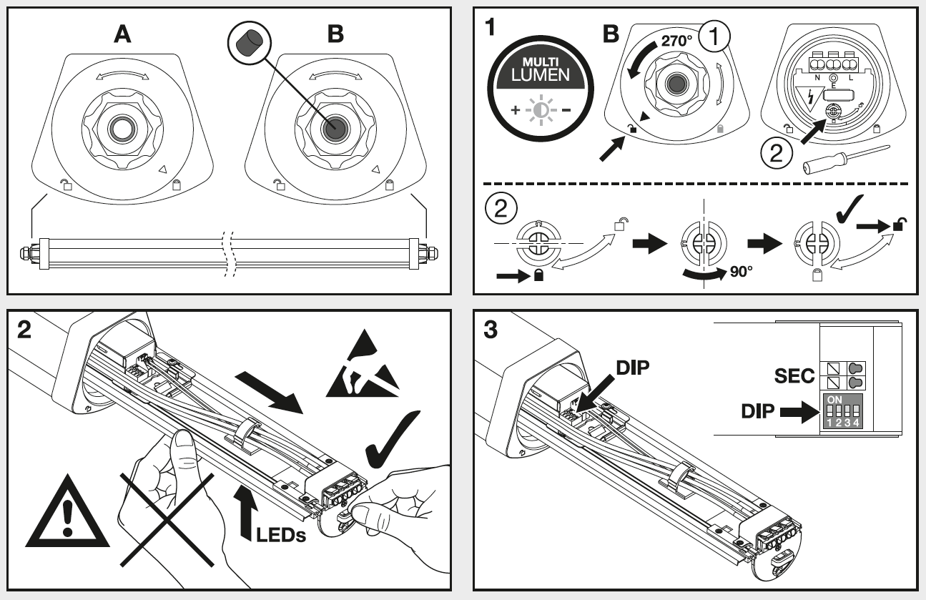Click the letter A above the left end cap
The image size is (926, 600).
(x=123, y=34)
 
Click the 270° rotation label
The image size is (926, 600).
(x=676, y=41)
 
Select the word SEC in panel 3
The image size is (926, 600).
(x=795, y=375)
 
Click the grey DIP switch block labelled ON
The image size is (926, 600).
(x=842, y=411)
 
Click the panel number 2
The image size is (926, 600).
(x=24, y=330)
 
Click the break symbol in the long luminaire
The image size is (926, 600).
(x=228, y=254)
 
